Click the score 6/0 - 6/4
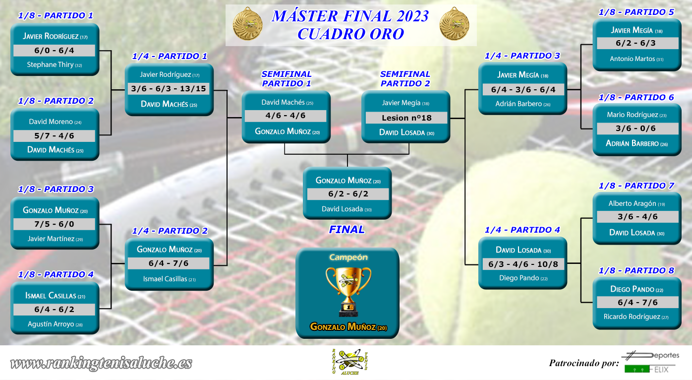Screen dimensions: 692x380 [54, 51]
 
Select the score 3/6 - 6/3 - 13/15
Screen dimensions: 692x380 [169, 89]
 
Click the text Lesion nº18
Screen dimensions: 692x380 [406, 118]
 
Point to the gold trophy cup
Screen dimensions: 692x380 [348, 292]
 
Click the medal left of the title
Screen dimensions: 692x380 [247, 24]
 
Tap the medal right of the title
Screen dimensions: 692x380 [454, 24]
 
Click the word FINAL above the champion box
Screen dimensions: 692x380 [346, 229]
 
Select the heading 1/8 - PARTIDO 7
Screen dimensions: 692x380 [636, 186]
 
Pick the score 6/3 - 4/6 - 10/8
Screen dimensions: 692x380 [523, 264]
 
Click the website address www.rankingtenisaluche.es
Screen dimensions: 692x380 [101, 363]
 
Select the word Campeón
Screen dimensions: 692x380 [348, 257]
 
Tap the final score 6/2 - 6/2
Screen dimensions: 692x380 [348, 194]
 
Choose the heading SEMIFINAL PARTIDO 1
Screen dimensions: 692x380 [287, 79]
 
